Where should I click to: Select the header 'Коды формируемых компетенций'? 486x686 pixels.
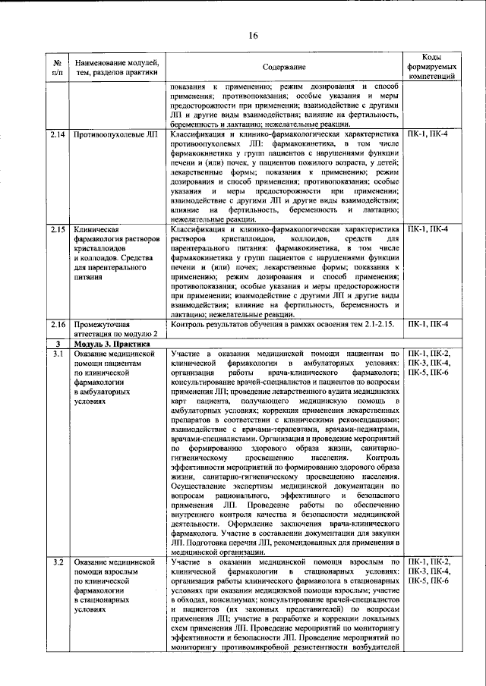[x=431, y=68]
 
